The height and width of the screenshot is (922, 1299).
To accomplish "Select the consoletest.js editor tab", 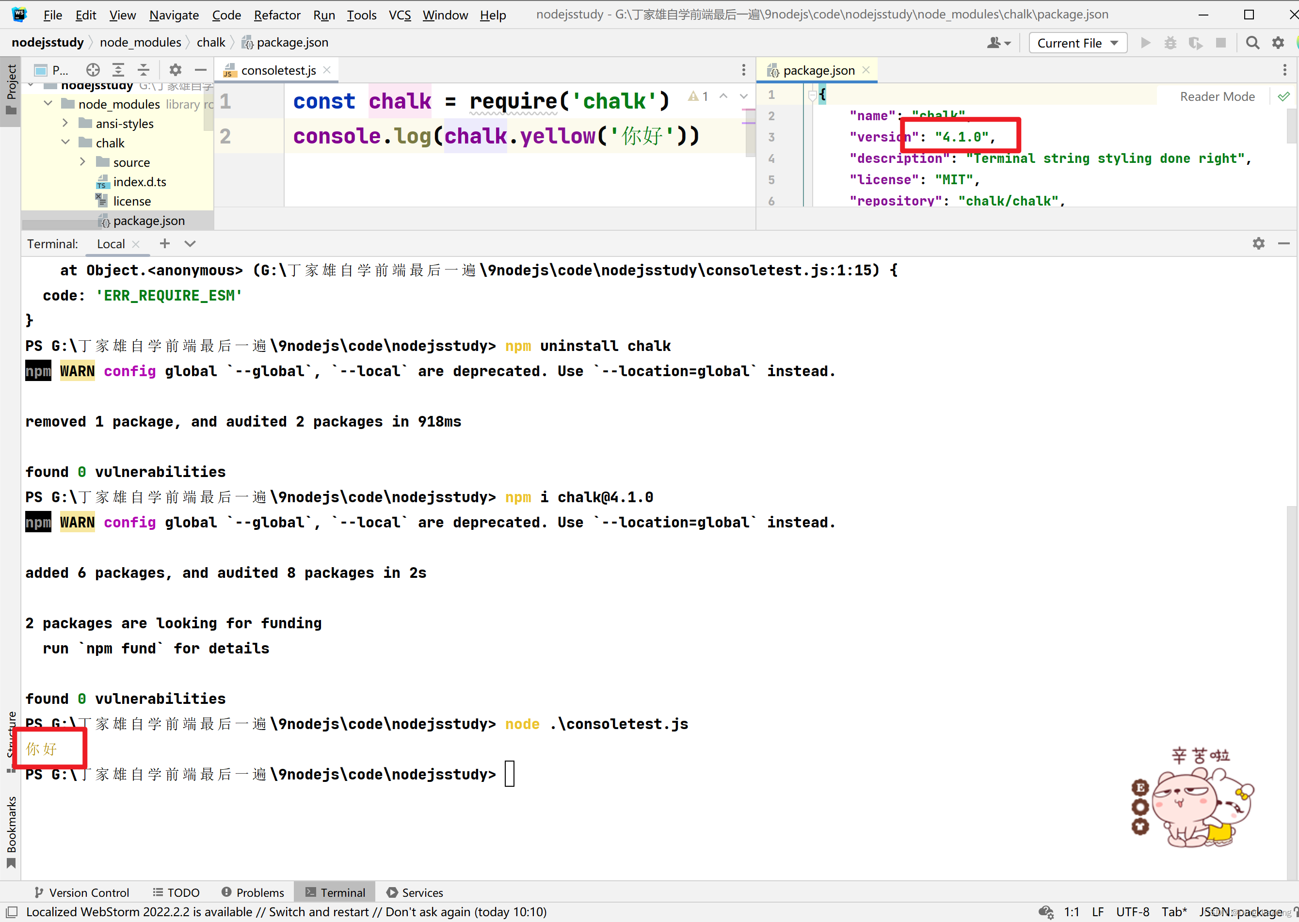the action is pyautogui.click(x=278, y=70).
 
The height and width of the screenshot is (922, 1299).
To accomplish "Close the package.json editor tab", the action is pyautogui.click(x=866, y=70).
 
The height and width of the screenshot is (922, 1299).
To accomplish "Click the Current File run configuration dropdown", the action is pyautogui.click(x=1077, y=43).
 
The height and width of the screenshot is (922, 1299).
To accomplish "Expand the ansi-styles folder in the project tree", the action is pyautogui.click(x=65, y=123).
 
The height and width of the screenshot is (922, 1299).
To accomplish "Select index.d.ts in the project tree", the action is pyautogui.click(x=140, y=182).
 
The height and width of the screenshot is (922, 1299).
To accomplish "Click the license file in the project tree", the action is pyautogui.click(x=132, y=201).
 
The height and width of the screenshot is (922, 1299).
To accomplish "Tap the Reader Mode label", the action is pyautogui.click(x=1217, y=96).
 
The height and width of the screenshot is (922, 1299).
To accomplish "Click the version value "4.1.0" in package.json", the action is pyautogui.click(x=962, y=137).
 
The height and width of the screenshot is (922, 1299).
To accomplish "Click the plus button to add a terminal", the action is pyautogui.click(x=165, y=243).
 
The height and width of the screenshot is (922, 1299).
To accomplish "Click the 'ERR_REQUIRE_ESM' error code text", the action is pyautogui.click(x=169, y=296).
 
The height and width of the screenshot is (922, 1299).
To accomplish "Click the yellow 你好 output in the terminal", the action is pyautogui.click(x=41, y=749).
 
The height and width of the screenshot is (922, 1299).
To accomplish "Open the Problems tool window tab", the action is pyautogui.click(x=253, y=892).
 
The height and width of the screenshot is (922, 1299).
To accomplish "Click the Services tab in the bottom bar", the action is pyautogui.click(x=415, y=892).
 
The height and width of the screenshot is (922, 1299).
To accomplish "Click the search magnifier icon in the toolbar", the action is pyautogui.click(x=1252, y=43).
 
